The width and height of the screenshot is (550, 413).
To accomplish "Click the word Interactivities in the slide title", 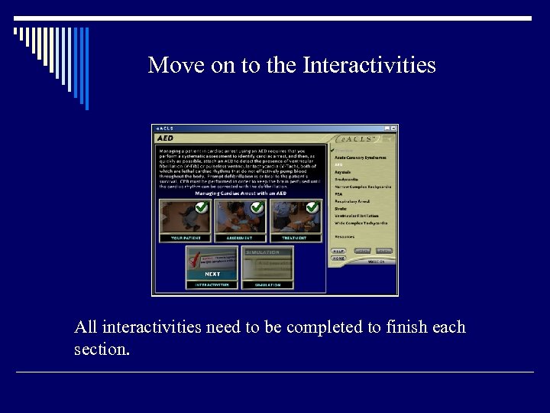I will [369, 66].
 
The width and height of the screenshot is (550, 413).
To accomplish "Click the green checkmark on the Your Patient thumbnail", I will [202, 207].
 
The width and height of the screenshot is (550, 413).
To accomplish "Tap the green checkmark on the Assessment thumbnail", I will [257, 207].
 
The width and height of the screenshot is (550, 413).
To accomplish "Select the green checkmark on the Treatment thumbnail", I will [312, 207].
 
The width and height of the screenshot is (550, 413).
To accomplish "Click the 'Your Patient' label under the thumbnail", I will [185, 239].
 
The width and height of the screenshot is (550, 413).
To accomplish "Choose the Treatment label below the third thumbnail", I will [295, 239].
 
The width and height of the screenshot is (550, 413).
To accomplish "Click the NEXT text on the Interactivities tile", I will [212, 274].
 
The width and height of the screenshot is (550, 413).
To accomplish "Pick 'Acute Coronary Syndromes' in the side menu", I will [360, 157].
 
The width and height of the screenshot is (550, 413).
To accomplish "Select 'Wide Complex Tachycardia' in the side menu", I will [361, 223].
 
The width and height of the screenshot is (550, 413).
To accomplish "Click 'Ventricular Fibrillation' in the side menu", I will [357, 216].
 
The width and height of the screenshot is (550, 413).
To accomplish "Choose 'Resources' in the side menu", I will [345, 236].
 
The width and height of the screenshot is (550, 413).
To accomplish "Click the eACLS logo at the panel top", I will [357, 138].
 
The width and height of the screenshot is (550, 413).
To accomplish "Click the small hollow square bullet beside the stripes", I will [17, 32].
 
